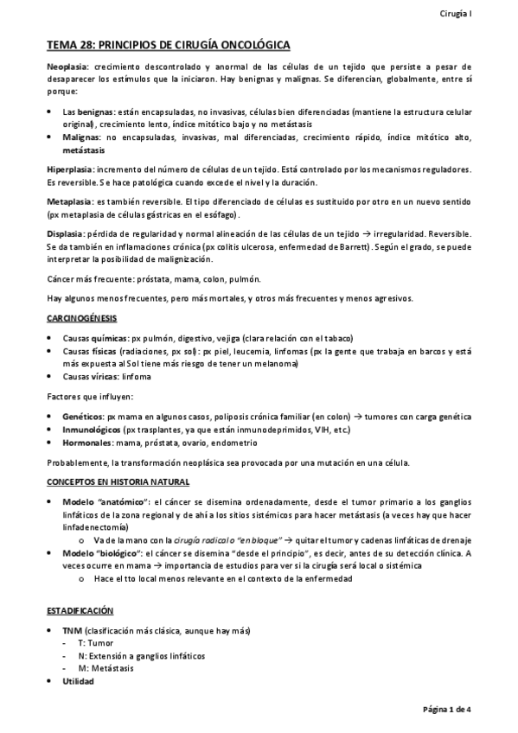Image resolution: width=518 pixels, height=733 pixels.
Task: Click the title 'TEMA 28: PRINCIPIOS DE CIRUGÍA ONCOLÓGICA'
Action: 169,44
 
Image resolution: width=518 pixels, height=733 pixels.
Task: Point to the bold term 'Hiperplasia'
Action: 69,169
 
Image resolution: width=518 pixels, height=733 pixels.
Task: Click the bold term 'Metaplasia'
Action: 67,201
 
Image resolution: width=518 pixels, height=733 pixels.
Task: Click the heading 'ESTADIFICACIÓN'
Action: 80,610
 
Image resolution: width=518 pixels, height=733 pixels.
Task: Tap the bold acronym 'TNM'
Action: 73,631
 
